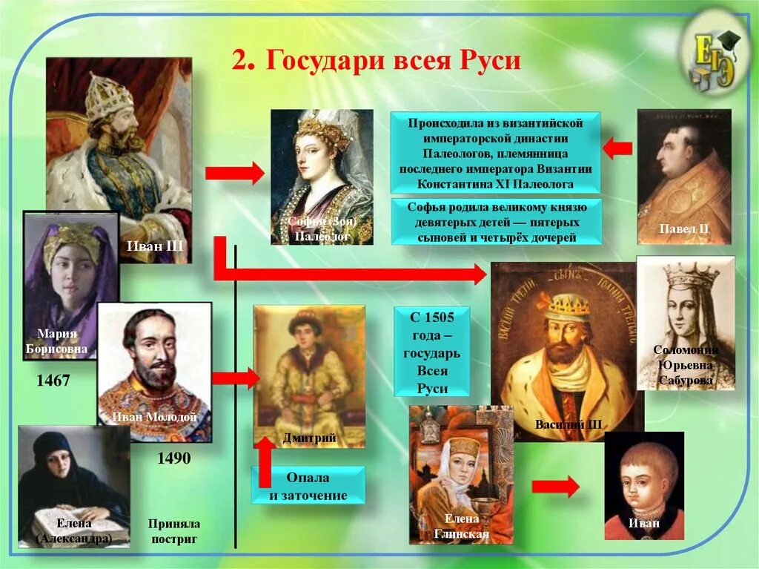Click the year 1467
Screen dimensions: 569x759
tap(53, 381)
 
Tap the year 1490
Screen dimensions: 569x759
tap(173, 458)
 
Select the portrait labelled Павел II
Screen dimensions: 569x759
tap(683, 176)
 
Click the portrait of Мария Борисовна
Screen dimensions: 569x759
tap(70, 286)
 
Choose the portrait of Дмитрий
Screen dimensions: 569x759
tap(309, 375)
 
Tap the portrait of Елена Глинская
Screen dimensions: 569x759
tap(461, 475)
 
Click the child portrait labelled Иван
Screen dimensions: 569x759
tap(643, 485)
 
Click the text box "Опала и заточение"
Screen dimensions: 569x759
tap(308, 486)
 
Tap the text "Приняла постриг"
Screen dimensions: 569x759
tap(173, 531)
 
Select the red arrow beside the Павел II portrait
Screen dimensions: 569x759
tap(617, 148)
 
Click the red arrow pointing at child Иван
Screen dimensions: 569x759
tap(555, 487)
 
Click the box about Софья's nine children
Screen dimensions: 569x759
tap(497, 221)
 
